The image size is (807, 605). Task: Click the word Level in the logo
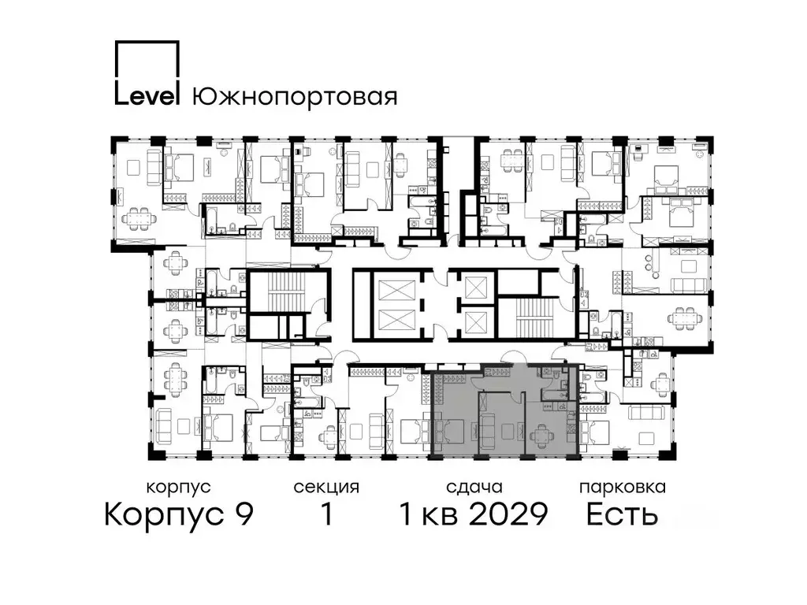pyautogui.click(x=148, y=95)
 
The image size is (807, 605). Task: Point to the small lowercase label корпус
pyautogui.click(x=179, y=488)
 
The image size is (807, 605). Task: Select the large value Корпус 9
pyautogui.click(x=179, y=515)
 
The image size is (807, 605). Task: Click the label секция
pyautogui.click(x=325, y=488)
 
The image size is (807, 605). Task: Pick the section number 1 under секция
pyautogui.click(x=325, y=515)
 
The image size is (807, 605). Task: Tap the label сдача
pyautogui.click(x=473, y=488)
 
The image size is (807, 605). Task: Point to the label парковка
pyautogui.click(x=622, y=488)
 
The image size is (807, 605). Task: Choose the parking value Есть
pyautogui.click(x=622, y=515)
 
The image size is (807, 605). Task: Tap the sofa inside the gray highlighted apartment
pyautogui.click(x=489, y=431)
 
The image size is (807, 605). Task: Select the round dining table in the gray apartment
pyautogui.click(x=542, y=432)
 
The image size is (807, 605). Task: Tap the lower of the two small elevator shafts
pyautogui.click(x=477, y=321)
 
